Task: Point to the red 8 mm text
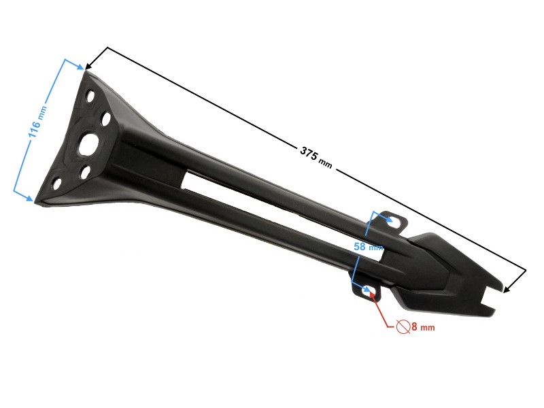tap(422, 327)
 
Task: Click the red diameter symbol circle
tap(403, 326)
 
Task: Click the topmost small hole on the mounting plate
tap(90, 95)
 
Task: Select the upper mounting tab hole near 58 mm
tap(393, 220)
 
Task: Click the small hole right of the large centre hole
tap(106, 119)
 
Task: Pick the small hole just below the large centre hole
tap(85, 172)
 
